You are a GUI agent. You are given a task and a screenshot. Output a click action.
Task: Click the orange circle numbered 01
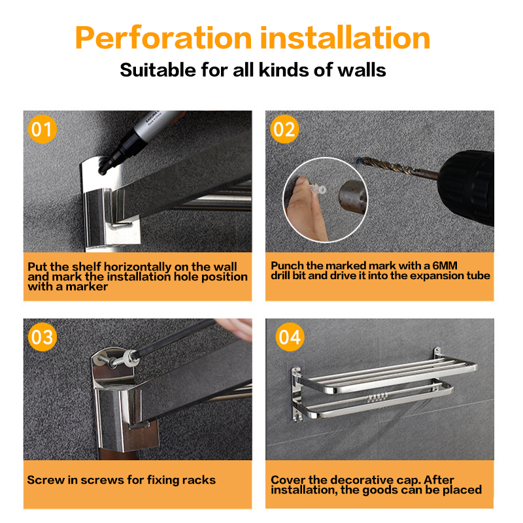42,129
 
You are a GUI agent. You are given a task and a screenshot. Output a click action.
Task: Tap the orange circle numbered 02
284,129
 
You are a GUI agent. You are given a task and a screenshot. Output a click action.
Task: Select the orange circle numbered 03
42,337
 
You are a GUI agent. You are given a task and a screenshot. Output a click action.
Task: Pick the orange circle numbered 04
290,337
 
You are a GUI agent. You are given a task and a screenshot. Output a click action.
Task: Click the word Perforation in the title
163,38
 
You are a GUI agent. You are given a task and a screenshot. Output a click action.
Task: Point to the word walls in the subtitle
362,70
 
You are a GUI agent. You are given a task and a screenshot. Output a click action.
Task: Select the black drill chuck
467,187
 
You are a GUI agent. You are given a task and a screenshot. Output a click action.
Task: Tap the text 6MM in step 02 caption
445,265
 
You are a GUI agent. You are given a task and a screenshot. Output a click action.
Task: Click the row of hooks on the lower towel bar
377,397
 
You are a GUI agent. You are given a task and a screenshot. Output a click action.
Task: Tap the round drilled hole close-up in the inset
352,197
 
